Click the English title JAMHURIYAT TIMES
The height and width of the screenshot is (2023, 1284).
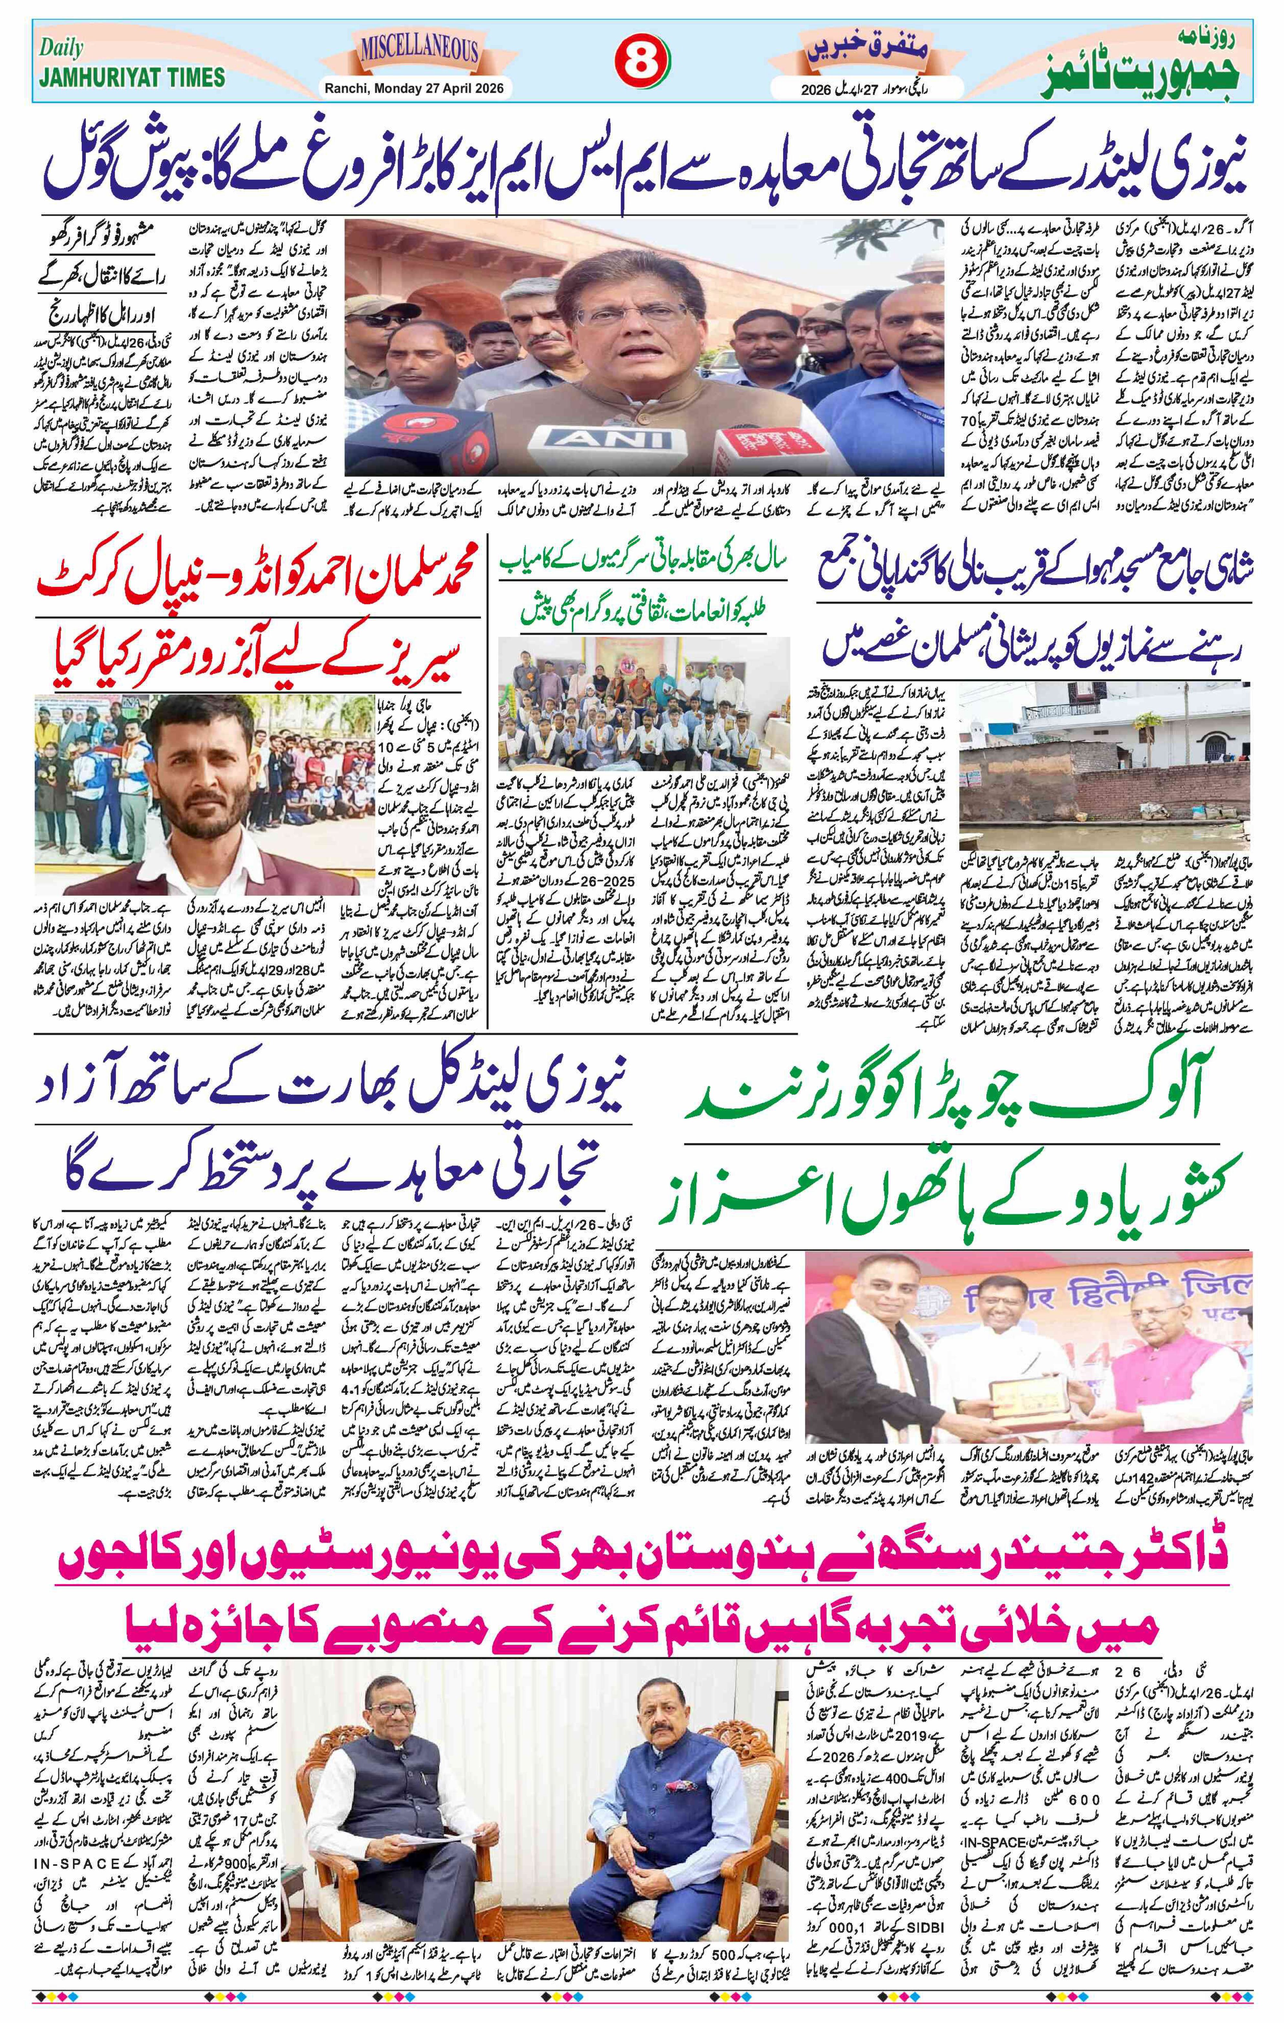pyautogui.click(x=132, y=77)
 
